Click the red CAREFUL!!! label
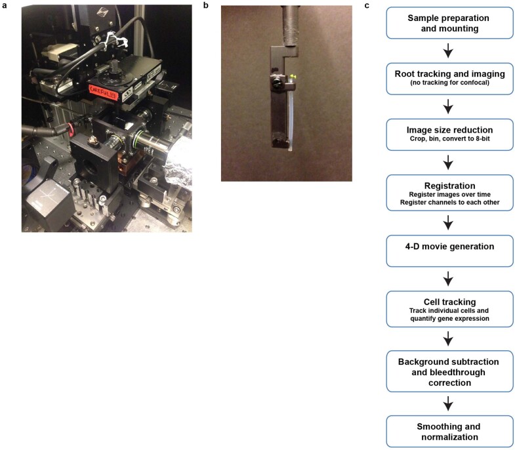102,90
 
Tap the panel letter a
5,6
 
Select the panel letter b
206,6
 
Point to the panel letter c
367,6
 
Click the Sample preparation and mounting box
449,23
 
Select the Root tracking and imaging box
449,79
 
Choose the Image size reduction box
449,134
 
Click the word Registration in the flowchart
449,186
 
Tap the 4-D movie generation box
449,251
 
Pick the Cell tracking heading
449,302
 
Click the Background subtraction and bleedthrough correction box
449,371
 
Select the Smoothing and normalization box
449,432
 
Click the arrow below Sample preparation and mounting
448,51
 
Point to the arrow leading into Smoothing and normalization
448,403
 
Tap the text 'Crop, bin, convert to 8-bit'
449,138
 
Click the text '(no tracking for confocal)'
449,83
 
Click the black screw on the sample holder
277,81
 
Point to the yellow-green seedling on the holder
293,77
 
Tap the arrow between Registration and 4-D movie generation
448,222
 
